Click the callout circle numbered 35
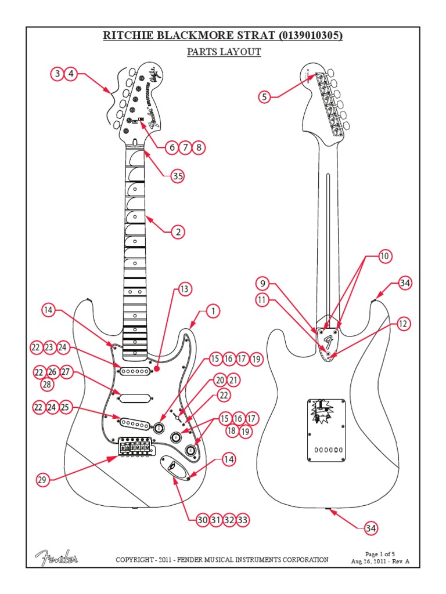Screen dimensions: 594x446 (177, 177)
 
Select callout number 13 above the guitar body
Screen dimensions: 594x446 (184, 288)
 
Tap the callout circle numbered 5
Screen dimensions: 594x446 (265, 97)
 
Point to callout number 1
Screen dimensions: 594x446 (213, 312)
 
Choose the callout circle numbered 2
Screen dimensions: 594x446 (178, 232)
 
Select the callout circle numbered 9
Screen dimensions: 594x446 (263, 284)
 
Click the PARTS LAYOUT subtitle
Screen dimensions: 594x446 (224, 52)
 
